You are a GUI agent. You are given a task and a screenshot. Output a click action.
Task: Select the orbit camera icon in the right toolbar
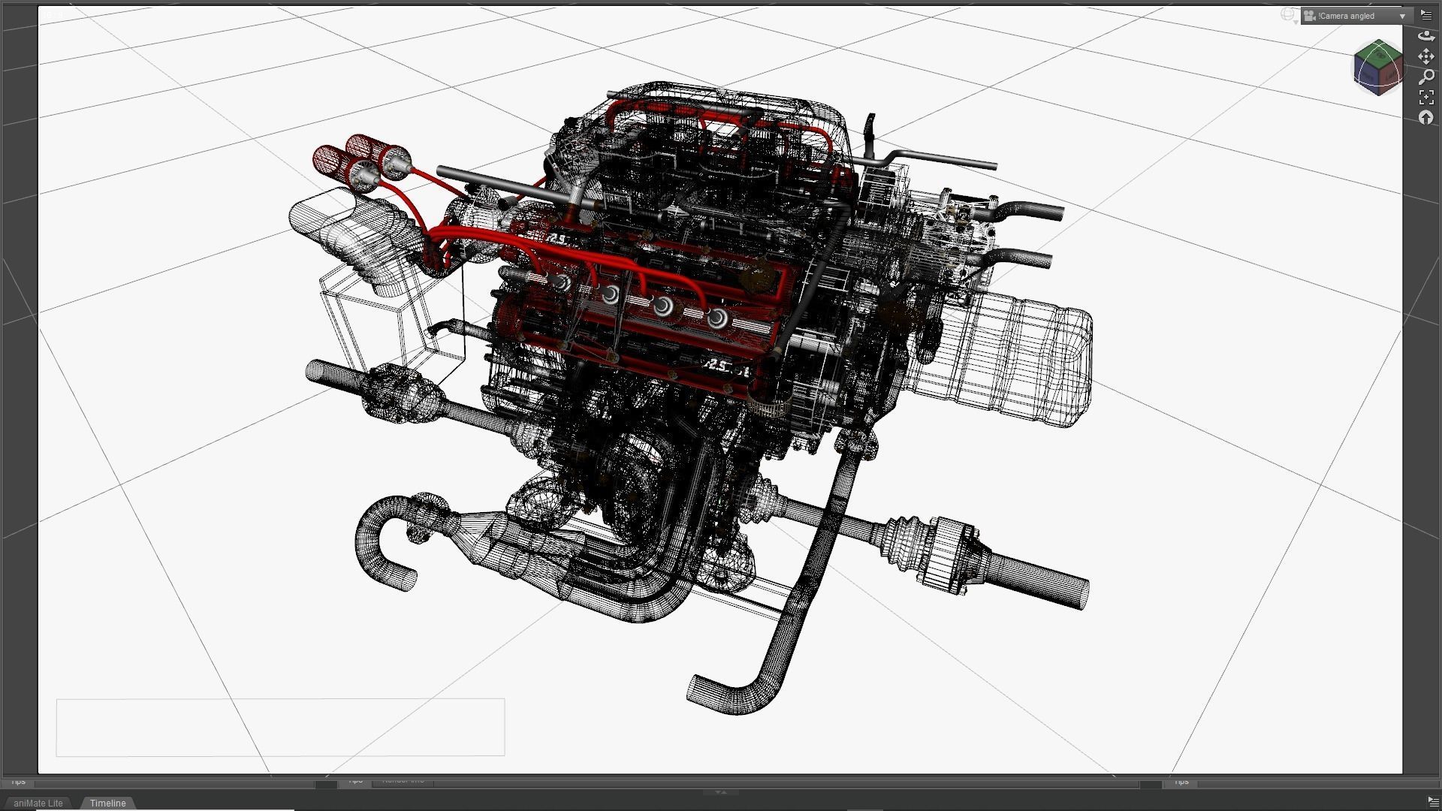coord(1426,35)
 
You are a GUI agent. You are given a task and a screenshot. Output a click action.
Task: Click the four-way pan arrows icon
coord(1426,56)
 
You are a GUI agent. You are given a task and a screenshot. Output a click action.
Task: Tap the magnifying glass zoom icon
coord(1426,77)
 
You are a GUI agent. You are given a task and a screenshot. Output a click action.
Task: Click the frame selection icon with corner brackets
coord(1426,97)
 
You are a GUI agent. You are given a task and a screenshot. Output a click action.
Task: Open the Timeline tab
coord(107,803)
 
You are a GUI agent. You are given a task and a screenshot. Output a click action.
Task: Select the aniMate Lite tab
coord(38,803)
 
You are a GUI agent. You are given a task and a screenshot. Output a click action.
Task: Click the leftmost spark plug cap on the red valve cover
coord(561,282)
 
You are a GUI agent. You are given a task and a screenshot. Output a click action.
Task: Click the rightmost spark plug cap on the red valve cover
coord(717,318)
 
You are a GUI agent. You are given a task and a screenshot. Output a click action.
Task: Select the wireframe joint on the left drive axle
coord(398,390)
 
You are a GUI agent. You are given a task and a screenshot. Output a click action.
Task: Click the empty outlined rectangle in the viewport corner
coord(280,727)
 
